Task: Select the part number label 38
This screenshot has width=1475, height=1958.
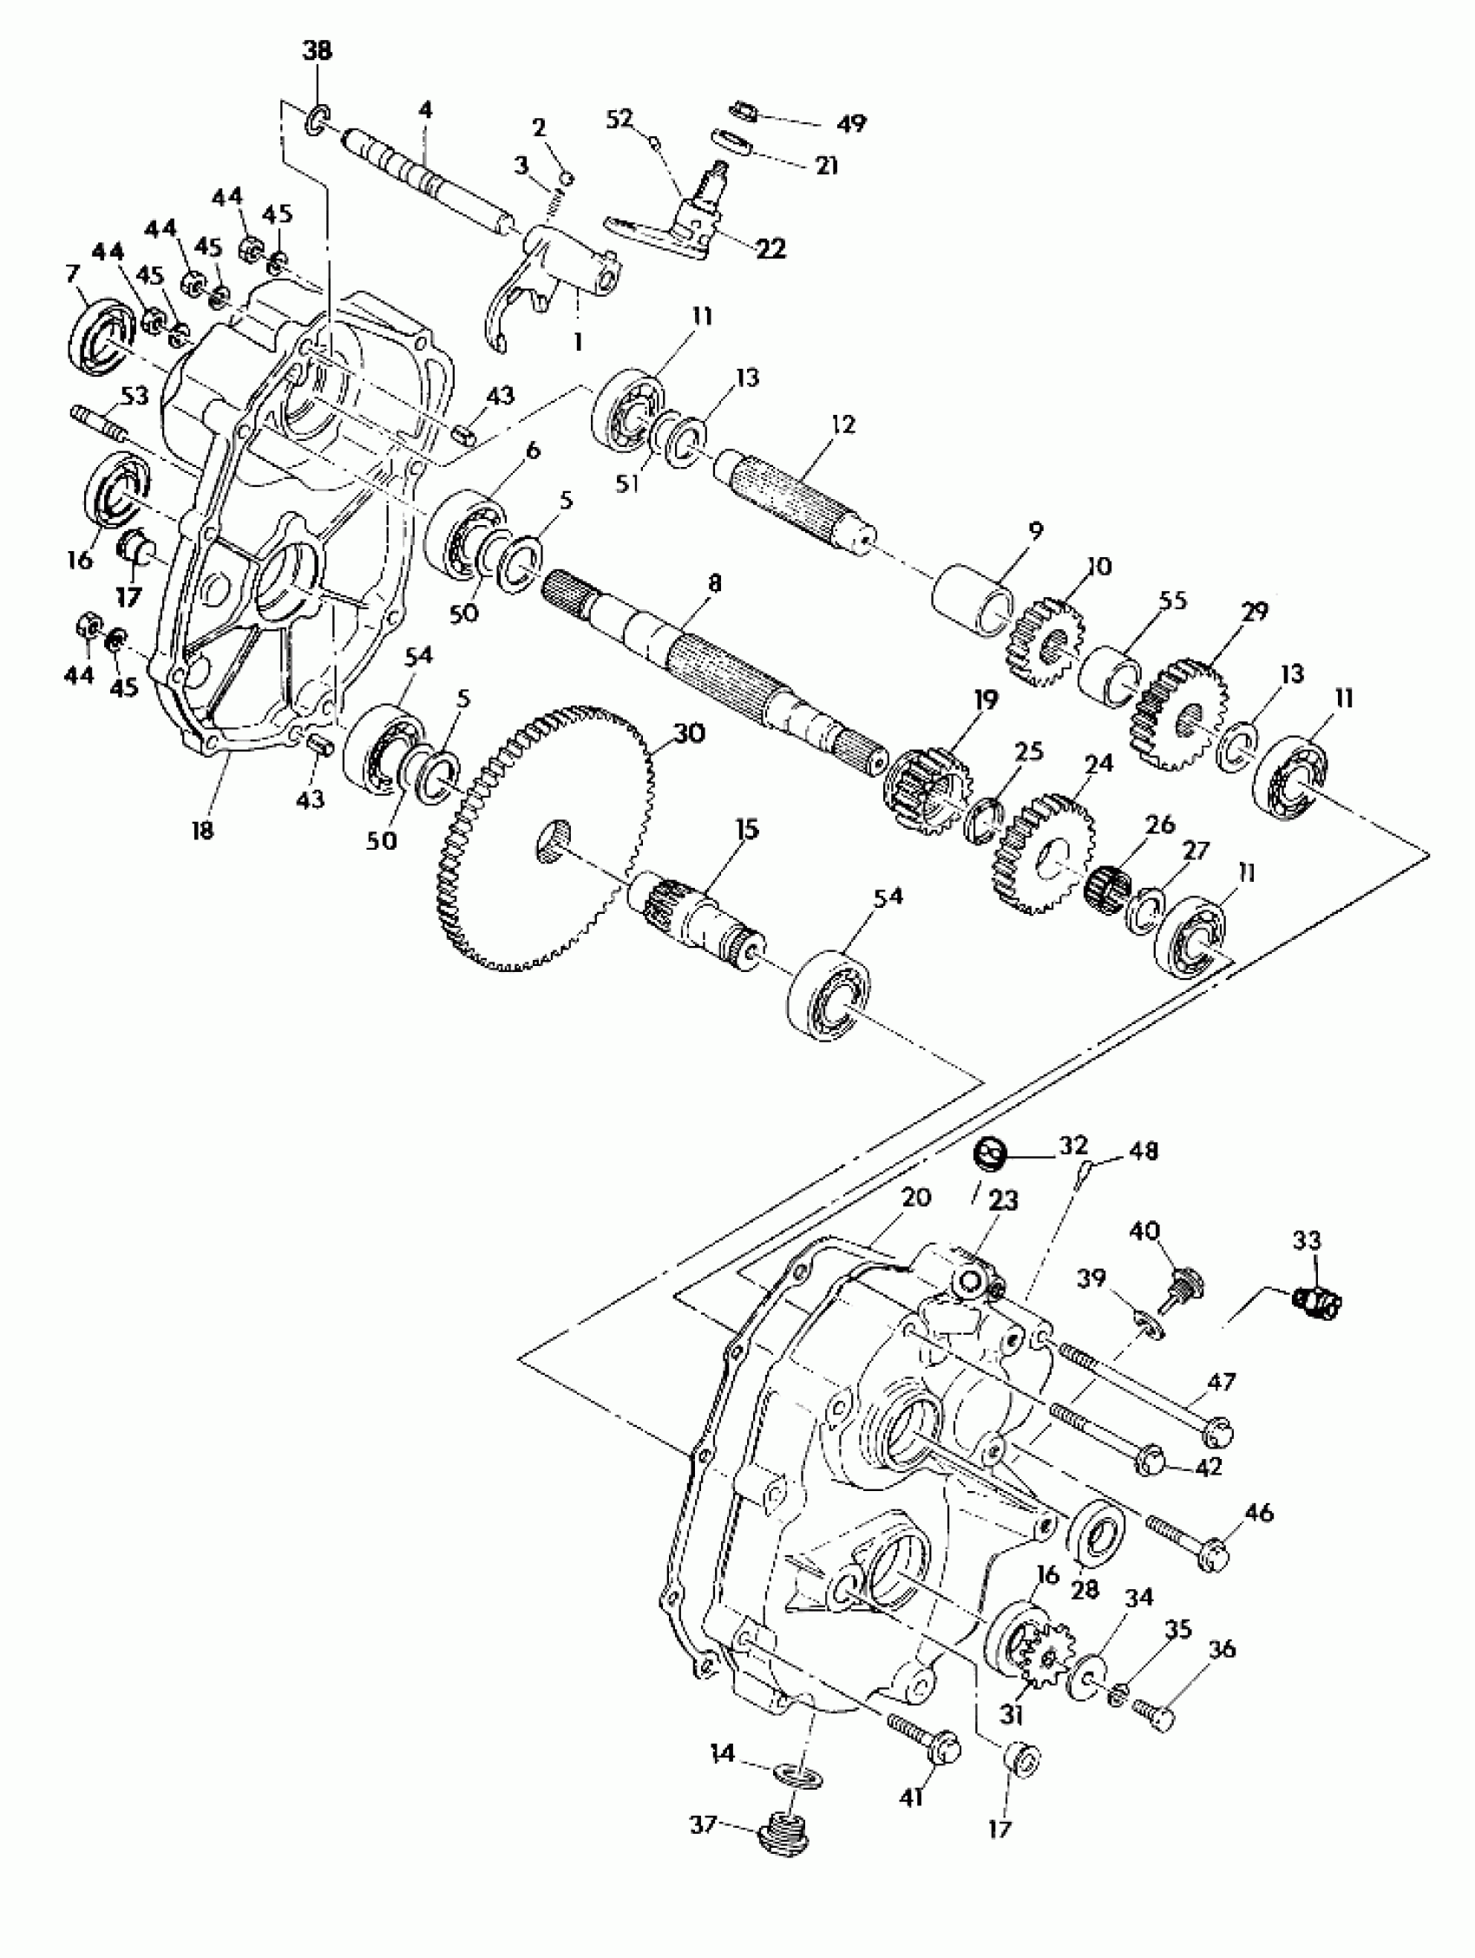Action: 318,51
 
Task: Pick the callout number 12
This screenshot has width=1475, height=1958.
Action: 843,424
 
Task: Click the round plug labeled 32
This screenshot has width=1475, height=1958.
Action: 988,1154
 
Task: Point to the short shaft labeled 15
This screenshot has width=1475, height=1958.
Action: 699,911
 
